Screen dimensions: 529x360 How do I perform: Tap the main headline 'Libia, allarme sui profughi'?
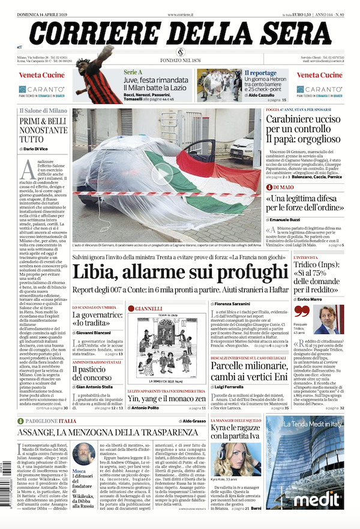click(x=180, y=270)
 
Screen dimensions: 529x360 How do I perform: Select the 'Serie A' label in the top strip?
click(x=133, y=73)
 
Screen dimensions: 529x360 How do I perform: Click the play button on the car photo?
click(x=161, y=174)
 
